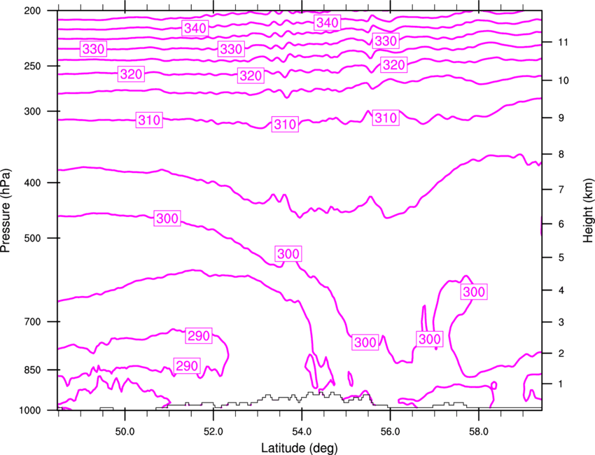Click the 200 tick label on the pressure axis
[32, 10]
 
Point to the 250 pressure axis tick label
[32, 66]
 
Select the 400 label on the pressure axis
[32, 183]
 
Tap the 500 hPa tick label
[32, 238]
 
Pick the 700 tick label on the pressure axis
[32, 322]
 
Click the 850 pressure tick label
[32, 370]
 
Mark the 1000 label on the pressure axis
[29, 410]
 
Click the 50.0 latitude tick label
[125, 432]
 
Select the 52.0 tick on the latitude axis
[213, 432]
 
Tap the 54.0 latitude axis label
[302, 432]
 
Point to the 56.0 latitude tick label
[390, 432]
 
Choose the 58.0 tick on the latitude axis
[479, 432]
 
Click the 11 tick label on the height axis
[563, 42]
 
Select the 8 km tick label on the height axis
[561, 154]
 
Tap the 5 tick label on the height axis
[561, 258]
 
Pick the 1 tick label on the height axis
[561, 384]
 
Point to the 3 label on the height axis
[561, 322]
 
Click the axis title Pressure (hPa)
[6, 211]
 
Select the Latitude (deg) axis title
[299, 448]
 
